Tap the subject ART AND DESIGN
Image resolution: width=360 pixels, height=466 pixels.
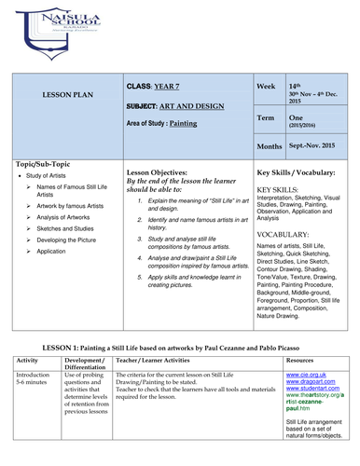point(187,105)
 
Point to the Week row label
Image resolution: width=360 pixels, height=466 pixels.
point(267,87)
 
